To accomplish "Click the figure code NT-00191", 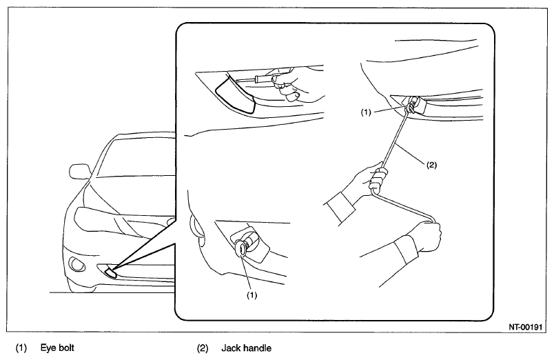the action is tap(525, 327).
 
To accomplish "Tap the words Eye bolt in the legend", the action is tap(57, 348).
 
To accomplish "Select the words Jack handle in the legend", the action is tap(246, 348).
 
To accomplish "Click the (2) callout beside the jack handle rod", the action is tap(431, 164).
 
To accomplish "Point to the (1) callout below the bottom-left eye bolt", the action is tap(252, 295).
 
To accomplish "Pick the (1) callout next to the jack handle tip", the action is tap(366, 112).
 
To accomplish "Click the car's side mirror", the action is tap(79, 171).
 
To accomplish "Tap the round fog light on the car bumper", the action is tap(76, 264).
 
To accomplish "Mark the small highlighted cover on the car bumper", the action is tap(110, 272).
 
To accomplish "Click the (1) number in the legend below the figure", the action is tap(21, 348).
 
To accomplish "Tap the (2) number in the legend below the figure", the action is tap(203, 348).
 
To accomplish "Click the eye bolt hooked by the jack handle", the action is tap(410, 106).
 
